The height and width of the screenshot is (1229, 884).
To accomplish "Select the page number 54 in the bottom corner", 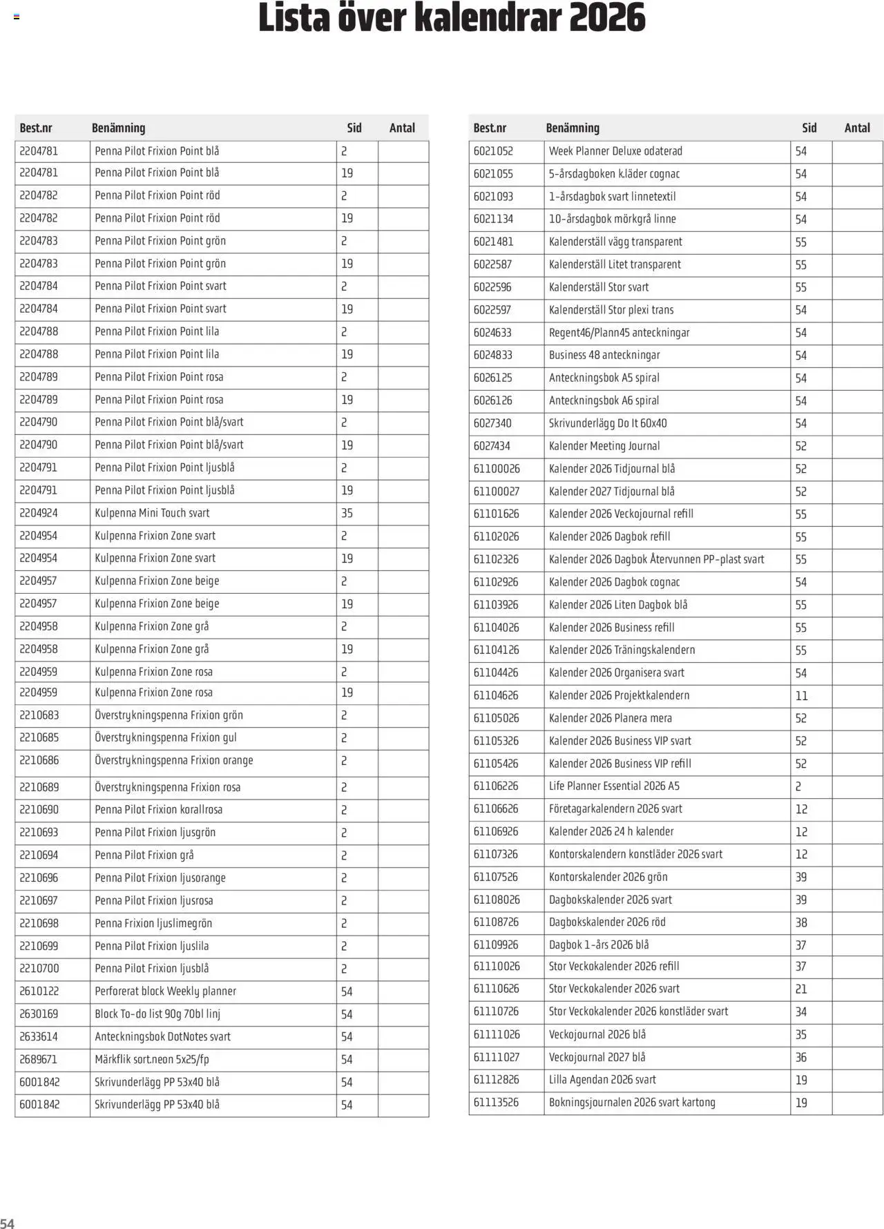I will pyautogui.click(x=8, y=1223).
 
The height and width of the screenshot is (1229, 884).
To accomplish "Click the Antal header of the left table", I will pyautogui.click(x=402, y=128).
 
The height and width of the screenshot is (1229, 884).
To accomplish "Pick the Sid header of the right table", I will pyautogui.click(x=809, y=128).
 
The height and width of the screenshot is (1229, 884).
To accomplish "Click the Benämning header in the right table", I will pyautogui.click(x=573, y=128).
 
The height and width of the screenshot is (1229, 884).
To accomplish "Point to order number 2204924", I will pyautogui.click(x=39, y=513).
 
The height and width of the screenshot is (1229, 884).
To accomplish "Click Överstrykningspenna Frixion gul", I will pyautogui.click(x=166, y=737).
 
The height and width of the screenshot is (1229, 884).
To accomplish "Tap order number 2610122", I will pyautogui.click(x=39, y=991).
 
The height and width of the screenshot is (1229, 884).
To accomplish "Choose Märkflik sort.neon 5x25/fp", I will pyautogui.click(x=152, y=1059).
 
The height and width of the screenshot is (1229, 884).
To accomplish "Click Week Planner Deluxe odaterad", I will pyautogui.click(x=615, y=151).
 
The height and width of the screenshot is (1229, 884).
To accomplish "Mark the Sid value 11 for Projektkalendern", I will pyautogui.click(x=801, y=696).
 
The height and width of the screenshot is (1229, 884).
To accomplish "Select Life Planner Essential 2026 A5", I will pyautogui.click(x=614, y=786).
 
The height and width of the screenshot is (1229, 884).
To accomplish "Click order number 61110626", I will pyautogui.click(x=497, y=989).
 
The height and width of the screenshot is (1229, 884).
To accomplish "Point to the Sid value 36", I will pyautogui.click(x=801, y=1057).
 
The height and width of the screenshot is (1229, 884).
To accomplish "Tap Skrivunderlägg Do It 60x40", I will pyautogui.click(x=608, y=423).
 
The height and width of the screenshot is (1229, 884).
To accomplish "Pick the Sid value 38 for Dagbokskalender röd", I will pyautogui.click(x=801, y=922).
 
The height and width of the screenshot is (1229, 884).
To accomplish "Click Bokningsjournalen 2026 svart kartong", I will pyautogui.click(x=632, y=1103).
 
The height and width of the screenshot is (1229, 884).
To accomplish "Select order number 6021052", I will pyautogui.click(x=493, y=151).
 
